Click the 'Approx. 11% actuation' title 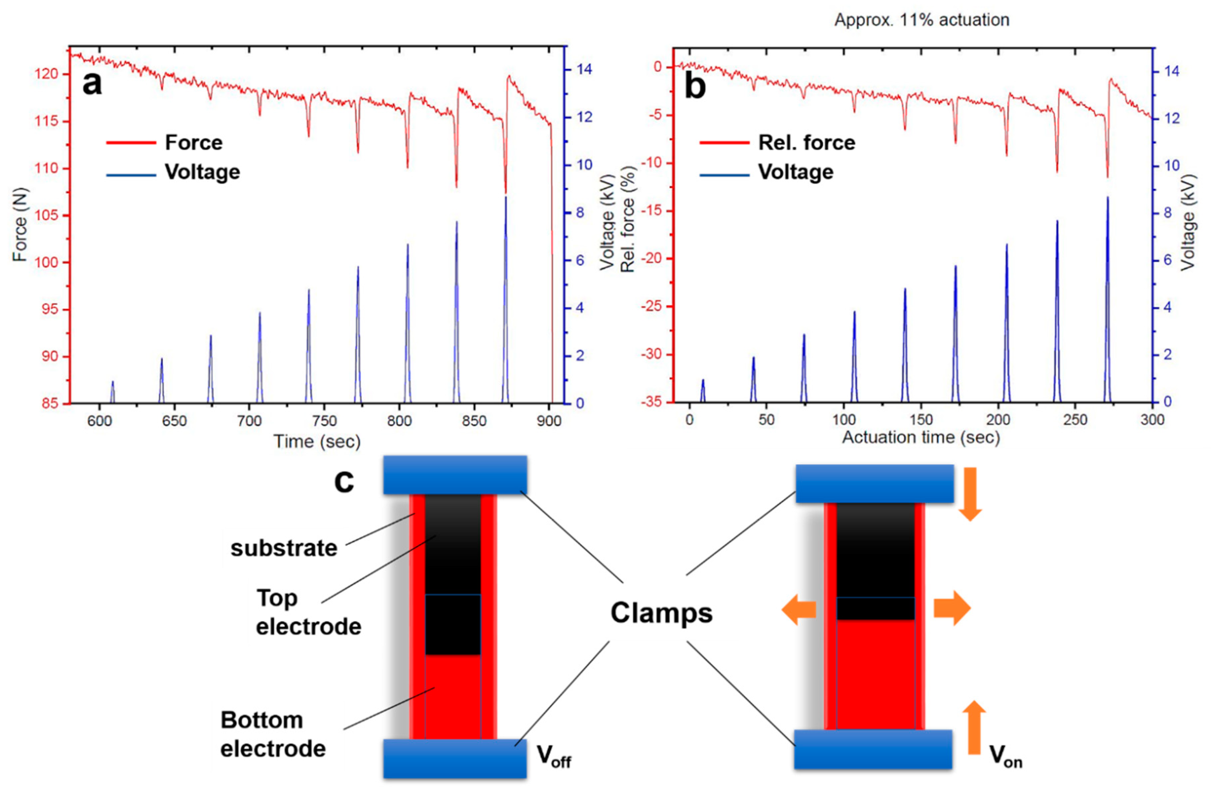[922, 20]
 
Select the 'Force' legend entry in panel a [194, 143]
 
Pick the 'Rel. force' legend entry [806, 143]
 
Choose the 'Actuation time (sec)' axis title [921, 437]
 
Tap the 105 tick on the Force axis [47, 215]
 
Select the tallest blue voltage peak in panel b [1108, 199]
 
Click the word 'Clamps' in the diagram [661, 613]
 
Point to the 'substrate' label [284, 548]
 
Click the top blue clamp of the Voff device [455, 475]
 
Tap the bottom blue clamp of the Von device [873, 749]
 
